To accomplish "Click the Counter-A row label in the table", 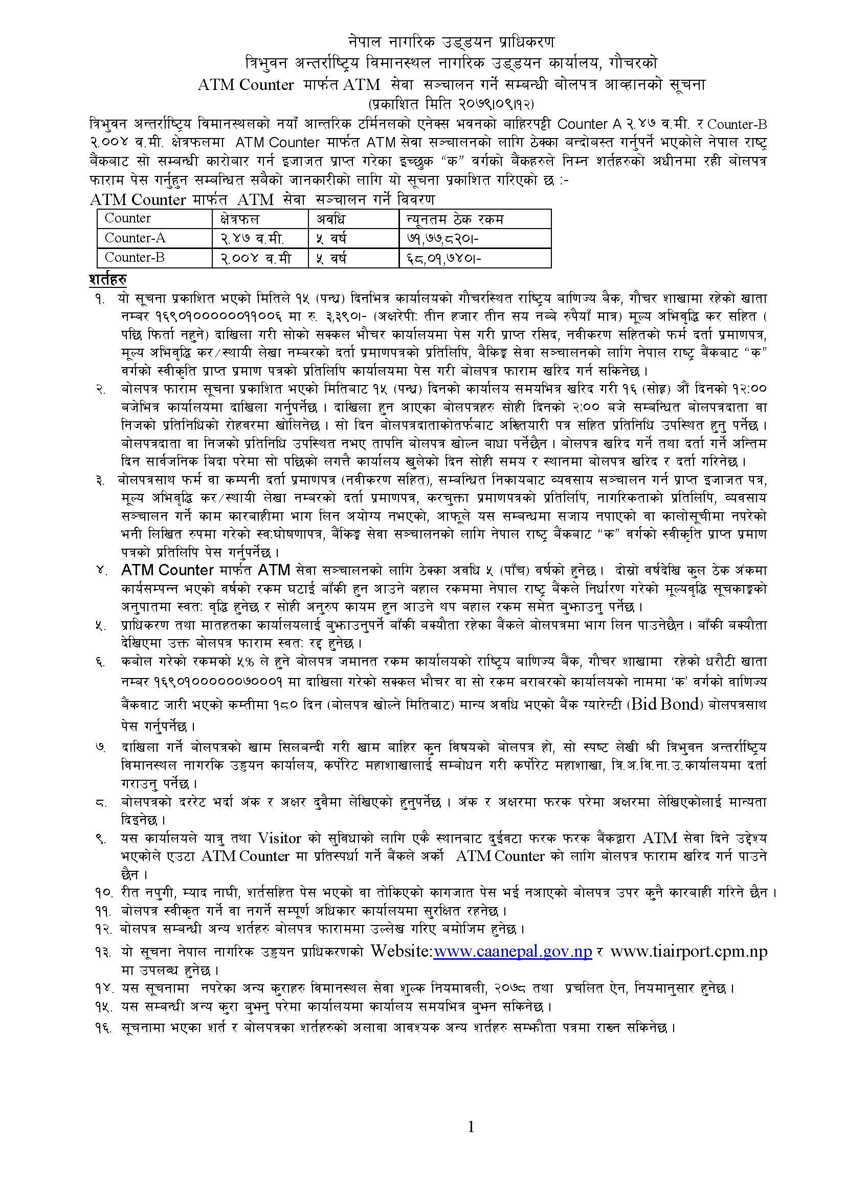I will point(135,238).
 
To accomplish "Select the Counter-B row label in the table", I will point(135,257).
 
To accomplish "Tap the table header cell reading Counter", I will point(128,218).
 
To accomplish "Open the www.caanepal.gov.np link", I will point(513,952).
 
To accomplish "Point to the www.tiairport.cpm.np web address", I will point(688,952).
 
